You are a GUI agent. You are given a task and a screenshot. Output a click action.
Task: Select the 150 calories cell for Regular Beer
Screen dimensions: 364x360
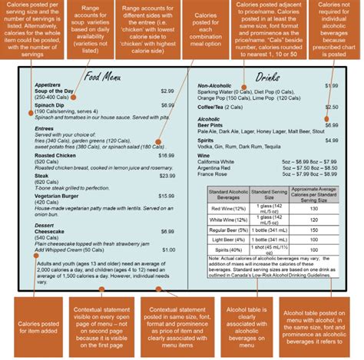pos(313,230)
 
